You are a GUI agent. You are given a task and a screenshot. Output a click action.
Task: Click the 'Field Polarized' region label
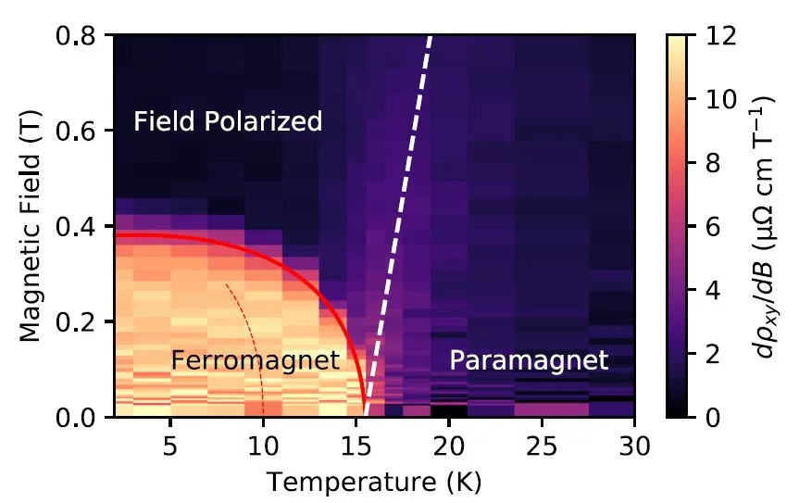pos(228,121)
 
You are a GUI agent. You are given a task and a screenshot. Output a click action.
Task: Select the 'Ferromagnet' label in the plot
pos(256,360)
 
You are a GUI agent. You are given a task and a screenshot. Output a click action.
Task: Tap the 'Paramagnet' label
pos(529,360)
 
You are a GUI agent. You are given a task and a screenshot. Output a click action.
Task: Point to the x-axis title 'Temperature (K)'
pos(374,482)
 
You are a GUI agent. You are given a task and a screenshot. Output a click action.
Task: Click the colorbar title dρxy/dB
pos(766,225)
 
